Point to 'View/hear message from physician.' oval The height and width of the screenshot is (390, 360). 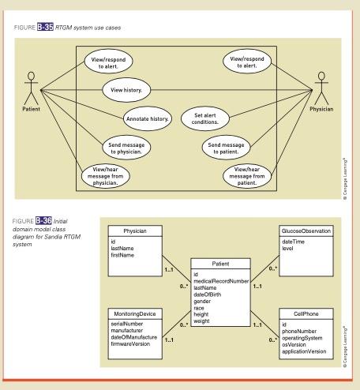coord(106,175)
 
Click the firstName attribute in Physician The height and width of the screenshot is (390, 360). coord(124,256)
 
